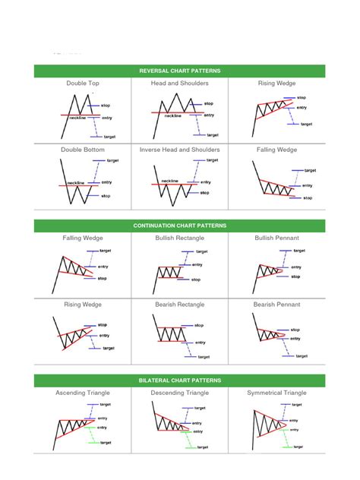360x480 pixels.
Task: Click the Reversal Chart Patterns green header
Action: point(180,71)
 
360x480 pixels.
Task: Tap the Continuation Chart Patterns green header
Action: point(180,226)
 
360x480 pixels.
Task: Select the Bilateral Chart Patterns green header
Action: point(180,380)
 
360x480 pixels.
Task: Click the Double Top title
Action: point(83,84)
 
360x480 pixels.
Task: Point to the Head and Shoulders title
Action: point(180,84)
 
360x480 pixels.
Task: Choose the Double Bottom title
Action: point(83,150)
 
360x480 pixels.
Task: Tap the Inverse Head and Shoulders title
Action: point(180,150)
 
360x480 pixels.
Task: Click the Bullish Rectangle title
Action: point(180,238)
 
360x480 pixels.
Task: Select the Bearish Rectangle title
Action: point(180,304)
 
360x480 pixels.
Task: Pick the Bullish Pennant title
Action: point(276,238)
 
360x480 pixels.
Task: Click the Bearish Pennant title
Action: point(276,304)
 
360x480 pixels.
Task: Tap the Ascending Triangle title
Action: point(83,393)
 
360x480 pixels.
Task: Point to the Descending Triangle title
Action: point(180,393)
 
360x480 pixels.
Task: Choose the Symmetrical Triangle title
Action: point(276,393)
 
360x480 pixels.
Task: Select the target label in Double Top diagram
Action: point(109,137)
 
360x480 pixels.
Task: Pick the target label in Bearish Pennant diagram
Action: point(302,355)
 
